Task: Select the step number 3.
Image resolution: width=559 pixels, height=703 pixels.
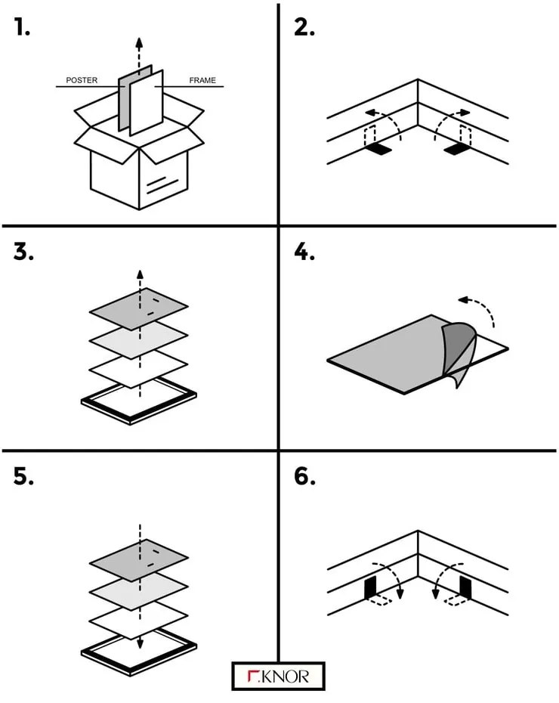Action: click(x=23, y=252)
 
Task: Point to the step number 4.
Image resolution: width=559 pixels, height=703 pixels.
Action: click(x=304, y=252)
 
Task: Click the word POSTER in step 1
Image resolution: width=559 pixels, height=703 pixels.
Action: click(x=82, y=80)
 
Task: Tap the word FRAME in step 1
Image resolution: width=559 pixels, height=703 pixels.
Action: click(x=202, y=80)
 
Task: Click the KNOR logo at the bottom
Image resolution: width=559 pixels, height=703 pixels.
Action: click(x=278, y=676)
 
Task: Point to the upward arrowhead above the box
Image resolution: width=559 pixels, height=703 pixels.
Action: click(x=137, y=39)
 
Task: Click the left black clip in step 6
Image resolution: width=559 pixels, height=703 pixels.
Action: click(x=371, y=587)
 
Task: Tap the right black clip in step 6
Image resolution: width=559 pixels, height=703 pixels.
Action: click(x=465, y=587)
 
